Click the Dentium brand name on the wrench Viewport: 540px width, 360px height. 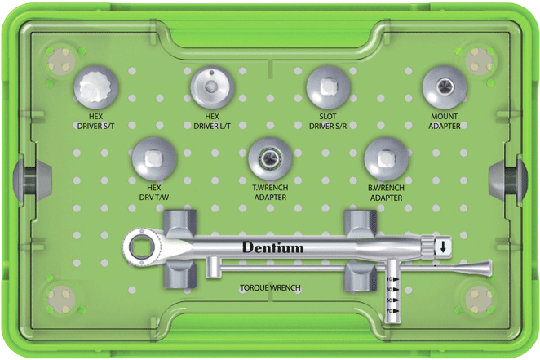(x=272, y=247)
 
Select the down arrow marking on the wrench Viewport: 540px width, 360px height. (x=441, y=247)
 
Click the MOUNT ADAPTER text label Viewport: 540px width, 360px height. (x=445, y=122)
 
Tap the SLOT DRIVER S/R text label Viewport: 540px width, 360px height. (x=328, y=122)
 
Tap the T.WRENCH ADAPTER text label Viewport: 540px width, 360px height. (x=270, y=193)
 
